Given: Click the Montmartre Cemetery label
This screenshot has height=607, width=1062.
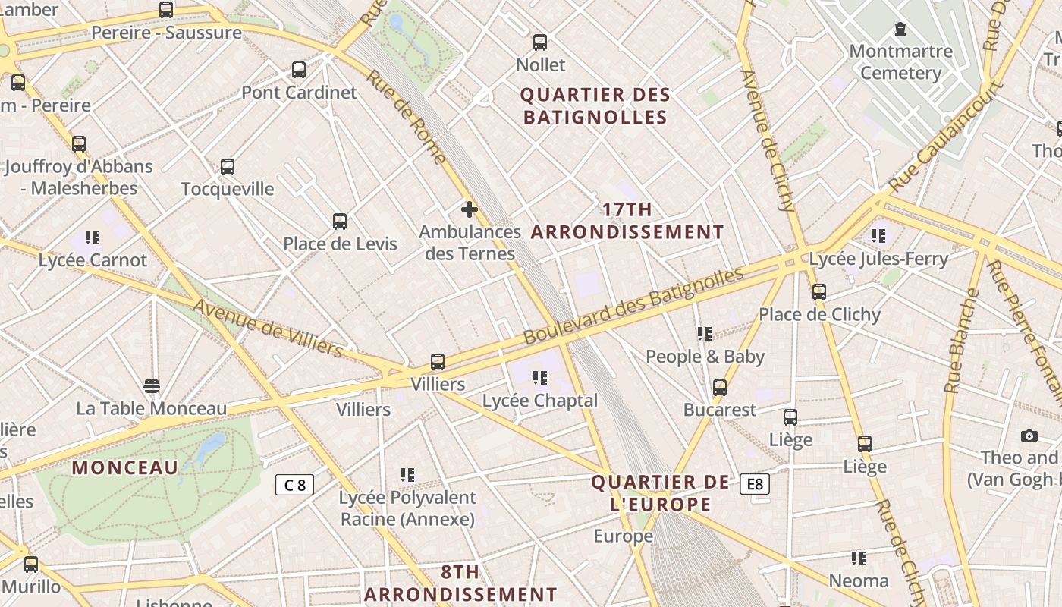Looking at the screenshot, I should [900, 62].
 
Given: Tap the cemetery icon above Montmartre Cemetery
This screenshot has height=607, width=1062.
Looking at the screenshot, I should [900, 30].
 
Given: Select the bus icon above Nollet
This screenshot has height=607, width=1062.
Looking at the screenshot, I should [540, 42].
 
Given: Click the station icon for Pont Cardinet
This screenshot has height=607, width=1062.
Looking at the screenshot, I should [299, 70].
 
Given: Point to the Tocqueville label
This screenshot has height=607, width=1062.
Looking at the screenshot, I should [228, 189].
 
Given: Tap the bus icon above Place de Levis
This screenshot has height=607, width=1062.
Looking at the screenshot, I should [340, 222].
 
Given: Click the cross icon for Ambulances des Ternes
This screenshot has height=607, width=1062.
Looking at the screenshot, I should [470, 209].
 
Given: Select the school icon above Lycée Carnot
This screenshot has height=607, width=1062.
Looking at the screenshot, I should [93, 237].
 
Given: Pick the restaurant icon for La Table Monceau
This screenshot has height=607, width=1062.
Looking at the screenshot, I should [152, 386].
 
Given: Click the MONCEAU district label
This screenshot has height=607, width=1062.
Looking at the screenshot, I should [125, 467].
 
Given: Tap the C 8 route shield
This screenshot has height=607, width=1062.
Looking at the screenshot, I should [294, 485].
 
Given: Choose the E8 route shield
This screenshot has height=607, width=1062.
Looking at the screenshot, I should [755, 484].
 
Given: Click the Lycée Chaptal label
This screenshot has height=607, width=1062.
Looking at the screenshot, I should [540, 401].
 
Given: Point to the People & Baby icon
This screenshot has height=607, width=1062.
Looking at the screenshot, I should [705, 333].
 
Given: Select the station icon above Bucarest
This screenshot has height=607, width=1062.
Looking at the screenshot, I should [720, 388].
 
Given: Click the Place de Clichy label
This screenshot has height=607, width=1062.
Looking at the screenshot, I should [819, 314].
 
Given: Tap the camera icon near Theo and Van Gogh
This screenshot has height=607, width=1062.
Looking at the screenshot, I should [1029, 436].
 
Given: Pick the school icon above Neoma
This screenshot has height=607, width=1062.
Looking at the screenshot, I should [859, 558].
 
